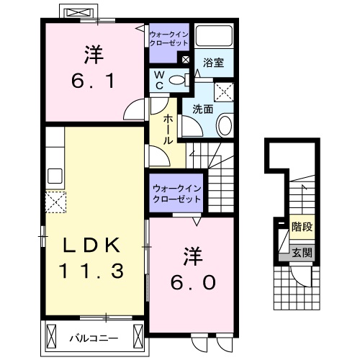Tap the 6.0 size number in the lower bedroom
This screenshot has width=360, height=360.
[193, 282]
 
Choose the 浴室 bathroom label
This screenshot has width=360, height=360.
[214, 62]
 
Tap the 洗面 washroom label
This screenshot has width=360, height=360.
[202, 109]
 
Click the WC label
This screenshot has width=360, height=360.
[158, 79]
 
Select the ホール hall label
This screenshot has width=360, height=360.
[167, 130]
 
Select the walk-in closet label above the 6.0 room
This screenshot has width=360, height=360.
[176, 193]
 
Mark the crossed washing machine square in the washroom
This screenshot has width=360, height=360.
[227, 91]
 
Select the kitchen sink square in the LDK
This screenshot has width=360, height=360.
[54, 176]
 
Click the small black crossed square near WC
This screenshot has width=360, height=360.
[186, 60]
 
